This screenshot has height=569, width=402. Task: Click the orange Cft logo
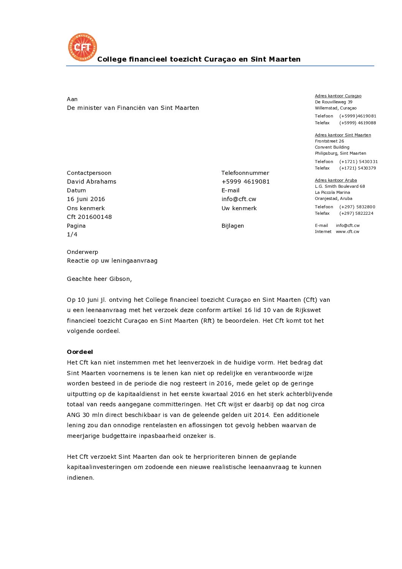click(x=82, y=47)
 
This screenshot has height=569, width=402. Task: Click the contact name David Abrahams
click(x=92, y=182)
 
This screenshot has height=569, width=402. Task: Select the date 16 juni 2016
click(x=86, y=199)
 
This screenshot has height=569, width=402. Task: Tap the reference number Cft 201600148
click(x=89, y=217)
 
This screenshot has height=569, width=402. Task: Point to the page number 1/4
click(x=72, y=235)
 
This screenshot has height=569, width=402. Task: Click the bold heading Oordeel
click(x=80, y=352)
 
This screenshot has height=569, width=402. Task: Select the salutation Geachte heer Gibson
click(x=99, y=279)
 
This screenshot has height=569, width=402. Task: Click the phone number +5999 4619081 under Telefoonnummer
click(x=245, y=182)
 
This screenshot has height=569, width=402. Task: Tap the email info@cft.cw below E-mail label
click(x=239, y=199)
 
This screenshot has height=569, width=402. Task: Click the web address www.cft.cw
click(x=347, y=231)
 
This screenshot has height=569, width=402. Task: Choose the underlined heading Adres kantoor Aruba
click(x=336, y=180)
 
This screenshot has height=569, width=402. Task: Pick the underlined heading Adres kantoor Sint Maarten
click(x=343, y=135)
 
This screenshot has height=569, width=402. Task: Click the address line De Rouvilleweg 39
click(x=333, y=102)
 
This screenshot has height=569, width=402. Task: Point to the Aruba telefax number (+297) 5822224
click(x=356, y=213)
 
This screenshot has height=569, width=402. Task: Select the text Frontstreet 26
click(x=329, y=141)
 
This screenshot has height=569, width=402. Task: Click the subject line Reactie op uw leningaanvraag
click(x=112, y=261)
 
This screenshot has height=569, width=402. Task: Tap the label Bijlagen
click(x=233, y=226)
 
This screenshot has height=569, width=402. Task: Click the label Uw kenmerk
click(x=239, y=208)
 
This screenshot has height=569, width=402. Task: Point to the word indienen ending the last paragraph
click(x=80, y=478)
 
